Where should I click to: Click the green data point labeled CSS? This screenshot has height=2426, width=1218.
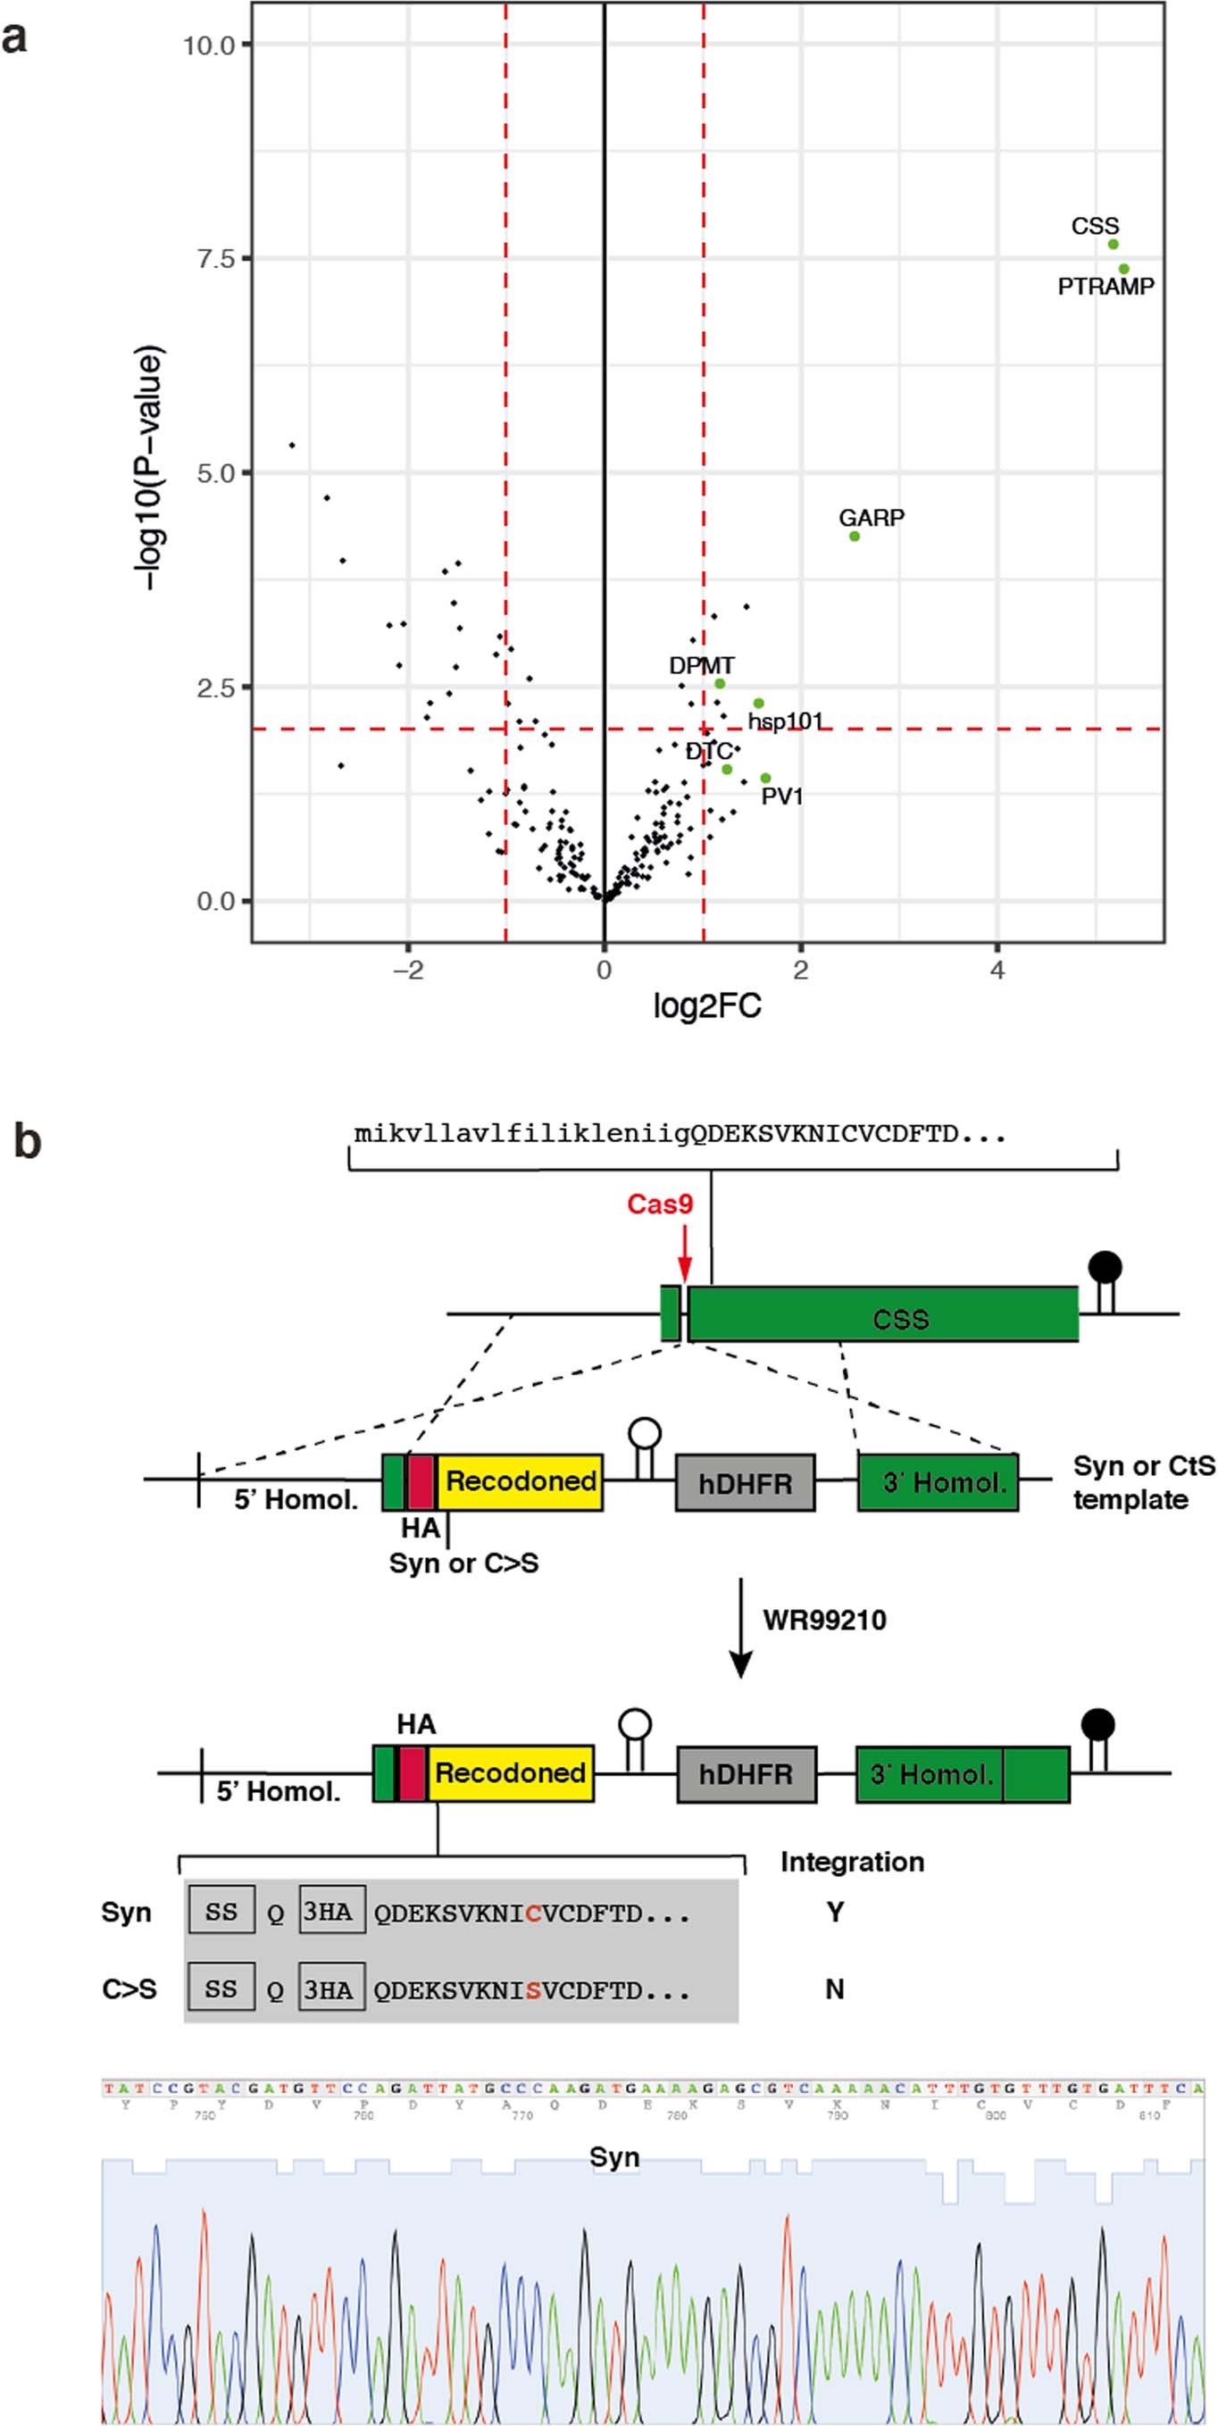[1113, 245]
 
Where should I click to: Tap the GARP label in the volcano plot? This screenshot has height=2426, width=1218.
[872, 518]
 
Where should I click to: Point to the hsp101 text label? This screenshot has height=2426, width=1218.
[785, 721]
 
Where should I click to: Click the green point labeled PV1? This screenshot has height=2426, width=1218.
[766, 778]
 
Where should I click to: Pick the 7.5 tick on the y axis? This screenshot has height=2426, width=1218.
[215, 259]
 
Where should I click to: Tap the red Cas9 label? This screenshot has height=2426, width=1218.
[659, 1205]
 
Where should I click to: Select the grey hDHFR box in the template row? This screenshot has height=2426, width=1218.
[744, 1483]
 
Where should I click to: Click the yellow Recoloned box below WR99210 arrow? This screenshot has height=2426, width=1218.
[510, 1773]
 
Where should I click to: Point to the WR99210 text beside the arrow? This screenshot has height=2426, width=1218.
[824, 1620]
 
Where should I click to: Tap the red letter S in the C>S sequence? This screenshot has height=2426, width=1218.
[533, 1991]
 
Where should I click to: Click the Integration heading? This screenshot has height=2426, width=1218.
[852, 1862]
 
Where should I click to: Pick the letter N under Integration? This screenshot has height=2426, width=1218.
[835, 1989]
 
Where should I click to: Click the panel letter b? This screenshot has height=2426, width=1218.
[28, 1141]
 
